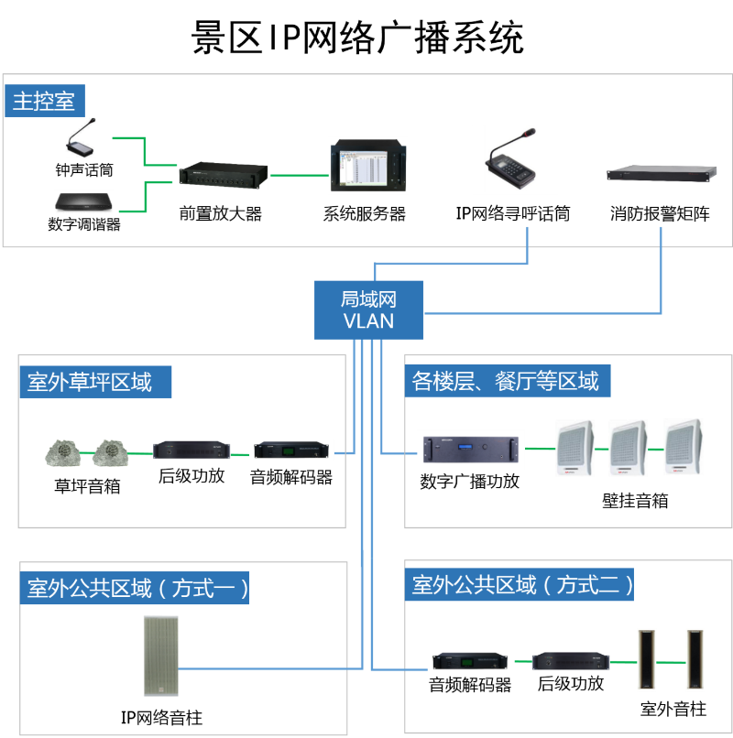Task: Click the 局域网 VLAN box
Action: click(x=368, y=309)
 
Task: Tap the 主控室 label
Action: click(x=44, y=101)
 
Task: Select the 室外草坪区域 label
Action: click(x=94, y=382)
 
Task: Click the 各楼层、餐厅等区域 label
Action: click(x=508, y=382)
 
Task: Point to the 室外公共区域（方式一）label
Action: click(x=135, y=587)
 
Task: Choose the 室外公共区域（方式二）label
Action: click(x=520, y=585)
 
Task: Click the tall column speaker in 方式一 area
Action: click(x=160, y=656)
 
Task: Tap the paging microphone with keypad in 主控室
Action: click(x=514, y=160)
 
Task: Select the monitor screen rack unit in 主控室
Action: click(x=367, y=166)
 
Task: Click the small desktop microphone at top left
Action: click(x=82, y=137)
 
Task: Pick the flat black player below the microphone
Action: click(x=83, y=201)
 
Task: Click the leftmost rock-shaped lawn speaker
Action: click(x=64, y=452)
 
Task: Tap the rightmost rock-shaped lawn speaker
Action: click(x=110, y=452)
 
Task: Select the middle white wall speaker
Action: click(x=629, y=448)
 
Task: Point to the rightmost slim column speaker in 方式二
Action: click(x=695, y=659)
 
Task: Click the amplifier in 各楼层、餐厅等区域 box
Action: click(x=471, y=450)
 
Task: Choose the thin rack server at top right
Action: click(x=661, y=173)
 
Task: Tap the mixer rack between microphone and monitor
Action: click(x=224, y=175)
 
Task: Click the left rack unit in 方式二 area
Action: click(x=470, y=661)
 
